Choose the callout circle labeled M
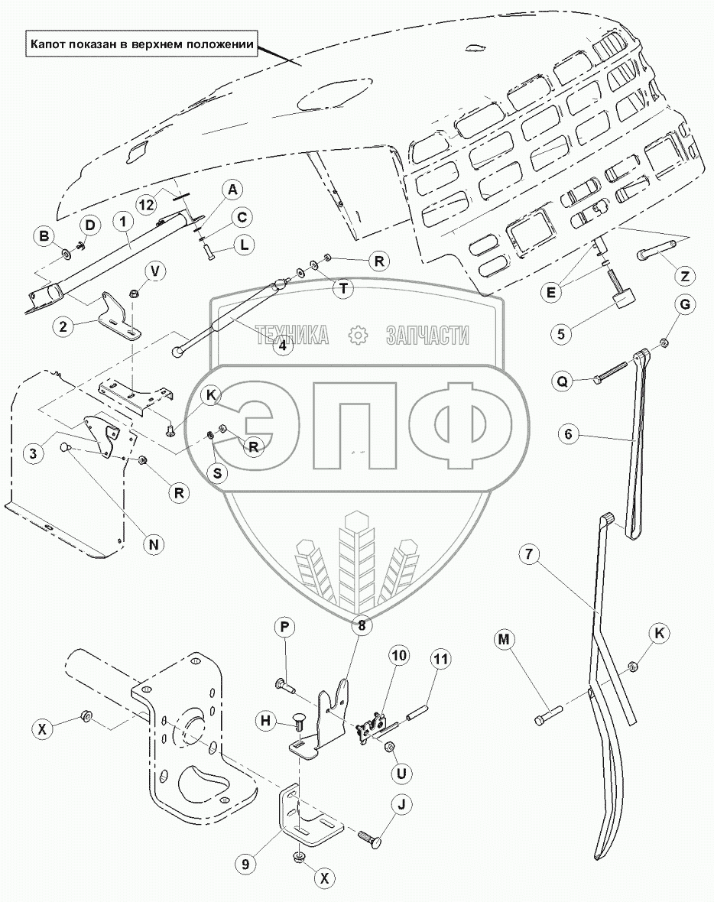(502, 638)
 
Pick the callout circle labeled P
(284, 628)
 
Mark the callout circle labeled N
(154, 545)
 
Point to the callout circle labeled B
(44, 236)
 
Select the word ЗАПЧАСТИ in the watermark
(428, 335)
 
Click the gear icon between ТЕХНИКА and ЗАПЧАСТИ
(358, 335)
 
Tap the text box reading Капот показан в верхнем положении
(141, 44)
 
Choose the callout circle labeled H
(265, 722)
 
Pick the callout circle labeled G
(685, 306)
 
